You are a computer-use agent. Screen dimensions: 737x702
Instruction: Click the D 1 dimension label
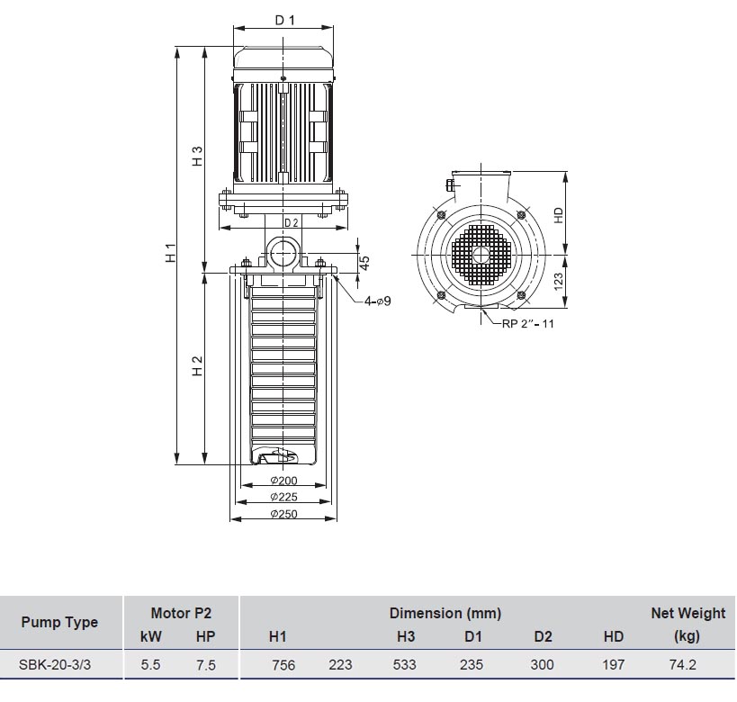(x=284, y=20)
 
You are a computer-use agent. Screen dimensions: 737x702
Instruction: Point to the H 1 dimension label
(x=171, y=253)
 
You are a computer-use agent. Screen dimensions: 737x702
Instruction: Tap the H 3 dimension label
(x=197, y=156)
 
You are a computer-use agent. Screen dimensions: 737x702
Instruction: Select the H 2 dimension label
(x=197, y=365)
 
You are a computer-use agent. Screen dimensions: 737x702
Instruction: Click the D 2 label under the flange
(x=291, y=223)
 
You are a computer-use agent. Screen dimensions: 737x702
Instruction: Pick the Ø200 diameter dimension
(x=283, y=481)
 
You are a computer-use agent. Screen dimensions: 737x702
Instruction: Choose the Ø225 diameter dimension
(x=283, y=497)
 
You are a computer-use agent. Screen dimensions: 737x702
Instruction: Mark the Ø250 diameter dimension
(x=283, y=514)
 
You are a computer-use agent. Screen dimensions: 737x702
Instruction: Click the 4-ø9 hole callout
(x=377, y=301)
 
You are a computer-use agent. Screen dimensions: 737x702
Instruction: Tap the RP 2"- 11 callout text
(x=528, y=323)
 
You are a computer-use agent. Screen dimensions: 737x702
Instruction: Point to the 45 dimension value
(x=364, y=263)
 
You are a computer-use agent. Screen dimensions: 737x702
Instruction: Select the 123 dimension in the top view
(x=559, y=281)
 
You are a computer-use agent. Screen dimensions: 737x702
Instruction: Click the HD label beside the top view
(x=559, y=215)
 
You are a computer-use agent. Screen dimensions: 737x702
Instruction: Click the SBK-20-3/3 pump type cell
(x=55, y=664)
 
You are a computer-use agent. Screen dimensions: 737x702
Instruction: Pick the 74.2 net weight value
(x=682, y=664)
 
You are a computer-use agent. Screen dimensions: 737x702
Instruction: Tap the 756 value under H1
(x=283, y=665)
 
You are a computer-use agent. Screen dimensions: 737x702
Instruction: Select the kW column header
(x=151, y=636)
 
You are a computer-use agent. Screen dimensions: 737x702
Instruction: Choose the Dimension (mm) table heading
(x=445, y=613)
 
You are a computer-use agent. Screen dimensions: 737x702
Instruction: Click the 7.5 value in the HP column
(x=206, y=665)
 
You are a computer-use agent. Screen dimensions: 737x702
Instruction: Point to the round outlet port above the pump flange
(x=283, y=253)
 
